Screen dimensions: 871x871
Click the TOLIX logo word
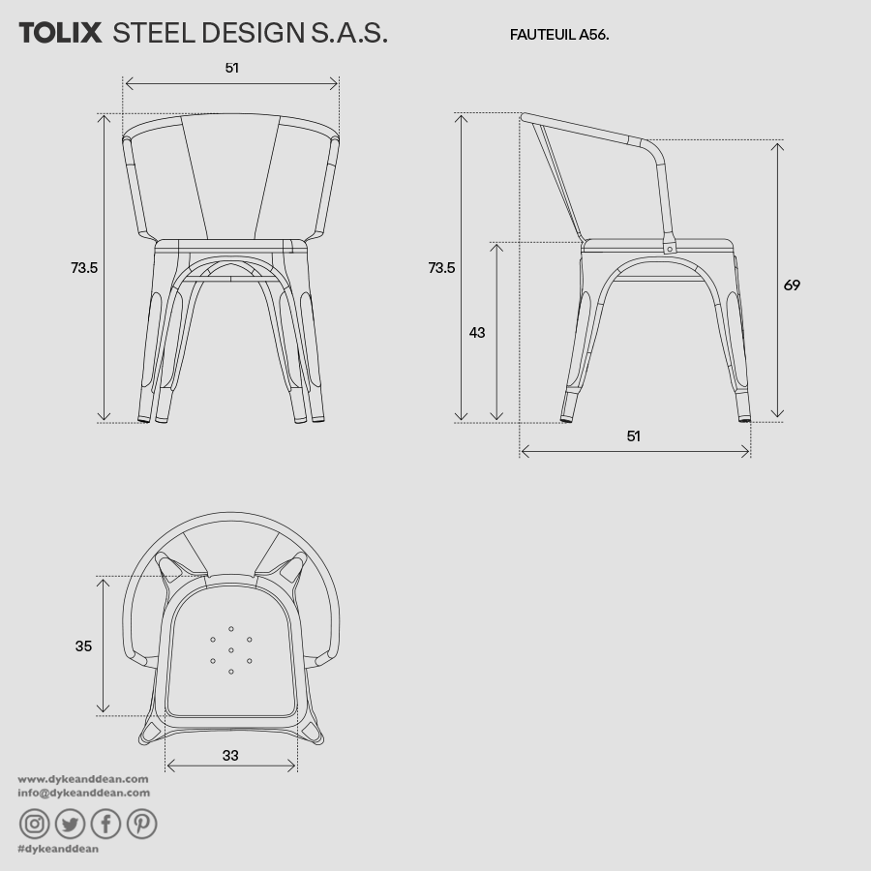(x=60, y=33)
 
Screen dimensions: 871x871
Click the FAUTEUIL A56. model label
(x=559, y=35)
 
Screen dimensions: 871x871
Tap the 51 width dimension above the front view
(x=231, y=68)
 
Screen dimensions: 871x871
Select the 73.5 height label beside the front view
(x=84, y=268)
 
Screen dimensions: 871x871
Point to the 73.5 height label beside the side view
(x=441, y=268)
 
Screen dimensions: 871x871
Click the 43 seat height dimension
(x=477, y=333)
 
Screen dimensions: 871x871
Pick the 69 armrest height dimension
(x=792, y=285)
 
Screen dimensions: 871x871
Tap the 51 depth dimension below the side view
(x=633, y=436)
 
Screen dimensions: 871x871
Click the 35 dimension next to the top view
(x=83, y=646)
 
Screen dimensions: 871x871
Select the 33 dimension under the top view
(x=229, y=756)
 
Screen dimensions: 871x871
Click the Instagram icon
(x=35, y=824)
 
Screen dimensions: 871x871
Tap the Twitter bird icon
(x=71, y=824)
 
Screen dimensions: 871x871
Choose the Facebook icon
(x=105, y=824)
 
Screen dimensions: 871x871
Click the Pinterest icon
(x=141, y=824)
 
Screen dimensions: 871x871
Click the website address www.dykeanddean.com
(x=83, y=778)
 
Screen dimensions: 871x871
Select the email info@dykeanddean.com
(x=84, y=793)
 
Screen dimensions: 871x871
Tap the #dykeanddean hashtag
(x=58, y=849)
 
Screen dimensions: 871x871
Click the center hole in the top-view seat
(x=231, y=650)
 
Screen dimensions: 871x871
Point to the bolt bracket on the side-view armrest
(x=669, y=246)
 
